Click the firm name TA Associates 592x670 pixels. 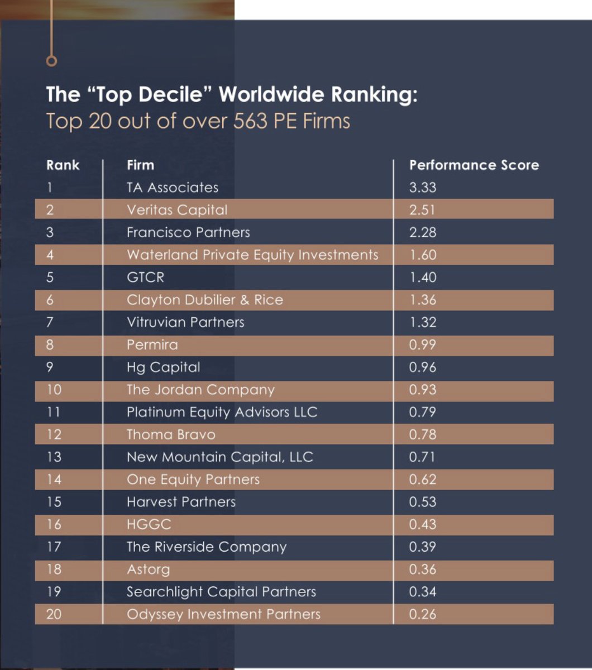tap(173, 188)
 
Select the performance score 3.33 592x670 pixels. tap(422, 188)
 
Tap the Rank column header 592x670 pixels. tap(63, 165)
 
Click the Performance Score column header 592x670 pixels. tap(474, 165)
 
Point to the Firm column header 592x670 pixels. tap(140, 165)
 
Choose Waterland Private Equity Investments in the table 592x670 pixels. tap(252, 255)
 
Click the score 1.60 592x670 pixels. tap(422, 255)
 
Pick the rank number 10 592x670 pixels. tap(54, 390)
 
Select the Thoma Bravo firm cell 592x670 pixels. tap(171, 434)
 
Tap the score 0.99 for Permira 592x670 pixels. tap(422, 344)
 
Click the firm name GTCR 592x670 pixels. tap(145, 277)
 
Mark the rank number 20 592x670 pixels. tap(54, 614)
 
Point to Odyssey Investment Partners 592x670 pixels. tap(223, 614)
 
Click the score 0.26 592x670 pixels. tap(422, 614)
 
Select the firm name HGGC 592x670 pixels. tap(149, 524)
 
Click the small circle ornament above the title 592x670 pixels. tap(51, 61)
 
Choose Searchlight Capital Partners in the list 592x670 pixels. tap(221, 592)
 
